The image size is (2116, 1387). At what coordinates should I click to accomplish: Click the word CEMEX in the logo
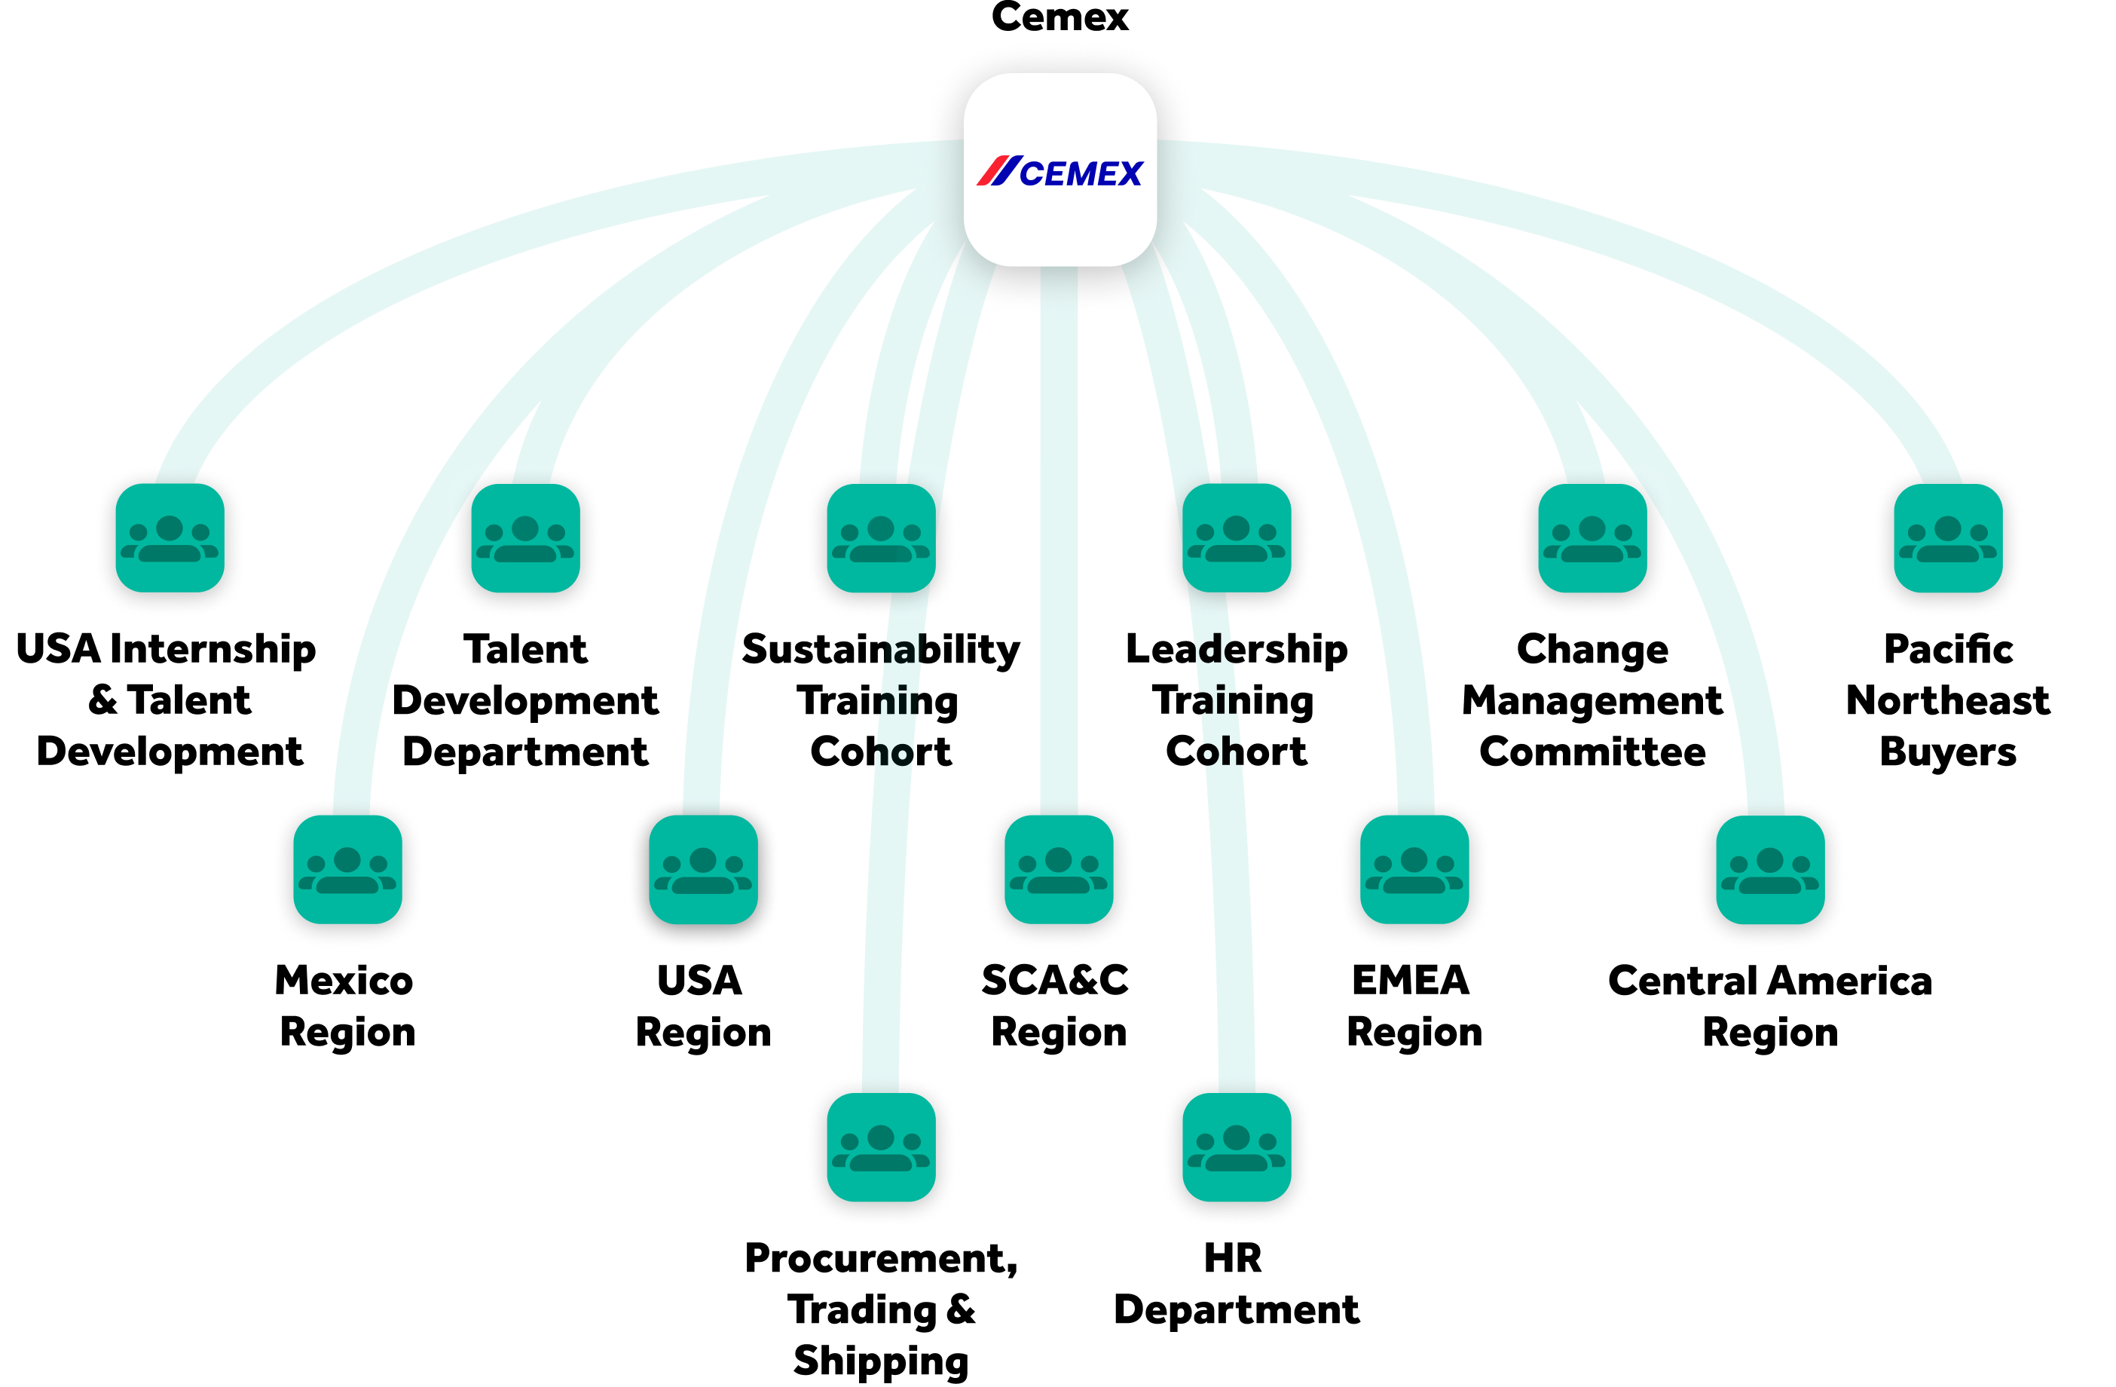[1080, 173]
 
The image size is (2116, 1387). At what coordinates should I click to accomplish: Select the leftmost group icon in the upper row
[170, 538]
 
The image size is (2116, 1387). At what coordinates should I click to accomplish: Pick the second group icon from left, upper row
[525, 538]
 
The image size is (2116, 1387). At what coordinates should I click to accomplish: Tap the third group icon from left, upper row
[881, 538]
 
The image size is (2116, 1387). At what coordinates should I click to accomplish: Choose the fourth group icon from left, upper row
[1237, 538]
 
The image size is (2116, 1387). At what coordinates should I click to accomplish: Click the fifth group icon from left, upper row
[1592, 538]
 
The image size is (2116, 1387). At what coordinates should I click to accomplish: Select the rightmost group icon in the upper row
[1948, 538]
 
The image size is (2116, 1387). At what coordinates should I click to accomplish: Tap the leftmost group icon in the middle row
[347, 870]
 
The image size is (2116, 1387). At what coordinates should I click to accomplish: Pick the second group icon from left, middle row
[703, 870]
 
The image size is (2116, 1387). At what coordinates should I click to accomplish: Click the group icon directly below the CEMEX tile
[1059, 870]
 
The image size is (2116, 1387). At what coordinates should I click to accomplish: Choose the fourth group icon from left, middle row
[1414, 870]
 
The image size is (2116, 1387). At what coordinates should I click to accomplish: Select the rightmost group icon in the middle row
[1770, 870]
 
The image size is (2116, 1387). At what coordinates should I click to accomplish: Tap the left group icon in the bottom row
[881, 1147]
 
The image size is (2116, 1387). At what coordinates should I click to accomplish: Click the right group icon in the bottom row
[1237, 1147]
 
